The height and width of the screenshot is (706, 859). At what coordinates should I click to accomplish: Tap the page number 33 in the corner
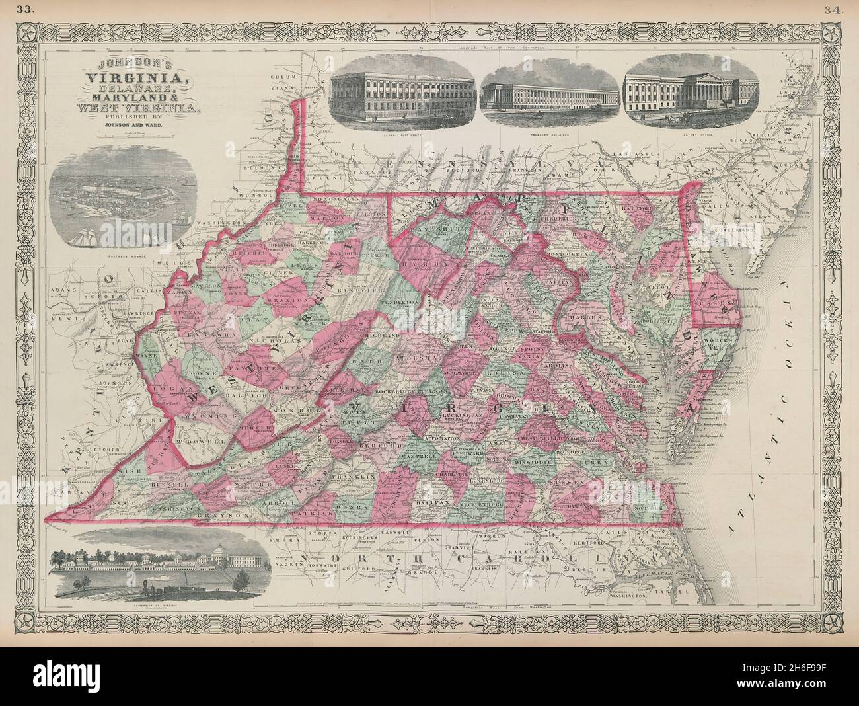(x=26, y=8)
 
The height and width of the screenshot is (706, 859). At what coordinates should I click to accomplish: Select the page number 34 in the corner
(x=831, y=8)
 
